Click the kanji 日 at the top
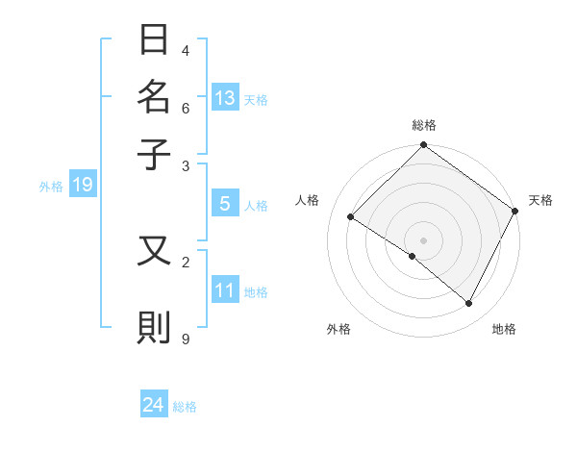pyautogui.click(x=155, y=41)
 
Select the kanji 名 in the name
pyautogui.click(x=155, y=96)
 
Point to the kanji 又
pyautogui.click(x=155, y=251)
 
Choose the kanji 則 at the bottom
pyautogui.click(x=155, y=327)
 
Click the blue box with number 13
pyautogui.click(x=225, y=98)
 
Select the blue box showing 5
pyautogui.click(x=225, y=204)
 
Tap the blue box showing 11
pyautogui.click(x=225, y=290)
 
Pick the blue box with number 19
pyautogui.click(x=82, y=186)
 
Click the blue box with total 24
pyautogui.click(x=154, y=406)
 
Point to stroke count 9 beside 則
pyautogui.click(x=186, y=338)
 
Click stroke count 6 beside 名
pyautogui.click(x=186, y=108)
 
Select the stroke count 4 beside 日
pyautogui.click(x=186, y=50)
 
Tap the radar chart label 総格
pyautogui.click(x=424, y=125)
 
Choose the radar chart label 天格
pyautogui.click(x=540, y=200)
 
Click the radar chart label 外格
pyautogui.click(x=339, y=330)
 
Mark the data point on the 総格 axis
pyautogui.click(x=423, y=146)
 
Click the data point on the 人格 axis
pyautogui.click(x=351, y=217)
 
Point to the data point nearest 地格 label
pyautogui.click(x=469, y=304)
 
